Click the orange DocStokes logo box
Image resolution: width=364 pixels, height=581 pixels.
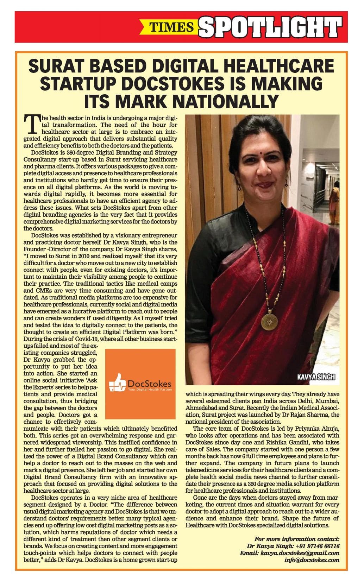[140, 384]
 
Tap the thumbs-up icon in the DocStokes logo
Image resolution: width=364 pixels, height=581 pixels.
[116, 383]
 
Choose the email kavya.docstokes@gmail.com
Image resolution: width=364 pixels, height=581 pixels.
[299, 553]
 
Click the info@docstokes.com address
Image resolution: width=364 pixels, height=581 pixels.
[312, 560]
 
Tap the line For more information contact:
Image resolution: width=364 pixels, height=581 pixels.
[296, 539]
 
